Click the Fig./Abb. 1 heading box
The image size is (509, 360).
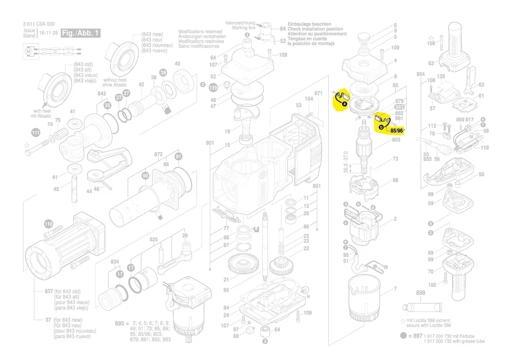pyautogui.click(x=81, y=33)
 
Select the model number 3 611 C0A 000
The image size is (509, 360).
pyautogui.click(x=39, y=24)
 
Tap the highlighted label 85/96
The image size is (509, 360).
pyautogui.click(x=396, y=130)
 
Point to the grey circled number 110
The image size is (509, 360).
pyautogui.click(x=48, y=224)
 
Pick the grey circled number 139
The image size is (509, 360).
pyautogui.click(x=213, y=88)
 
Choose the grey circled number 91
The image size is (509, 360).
pyautogui.click(x=179, y=156)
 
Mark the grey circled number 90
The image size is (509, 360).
pyautogui.click(x=145, y=176)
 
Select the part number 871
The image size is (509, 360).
pyautogui.click(x=318, y=93)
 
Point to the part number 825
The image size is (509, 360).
pyautogui.click(x=154, y=240)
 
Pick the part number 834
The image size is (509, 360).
pyautogui.click(x=115, y=262)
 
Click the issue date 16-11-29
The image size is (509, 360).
pyautogui.click(x=48, y=33)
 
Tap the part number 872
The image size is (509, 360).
pyautogui.click(x=158, y=155)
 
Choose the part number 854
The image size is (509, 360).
pyautogui.click(x=420, y=75)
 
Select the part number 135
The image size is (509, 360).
pyautogui.click(x=441, y=77)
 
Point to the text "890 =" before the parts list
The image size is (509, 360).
pyautogui.click(x=122, y=324)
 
